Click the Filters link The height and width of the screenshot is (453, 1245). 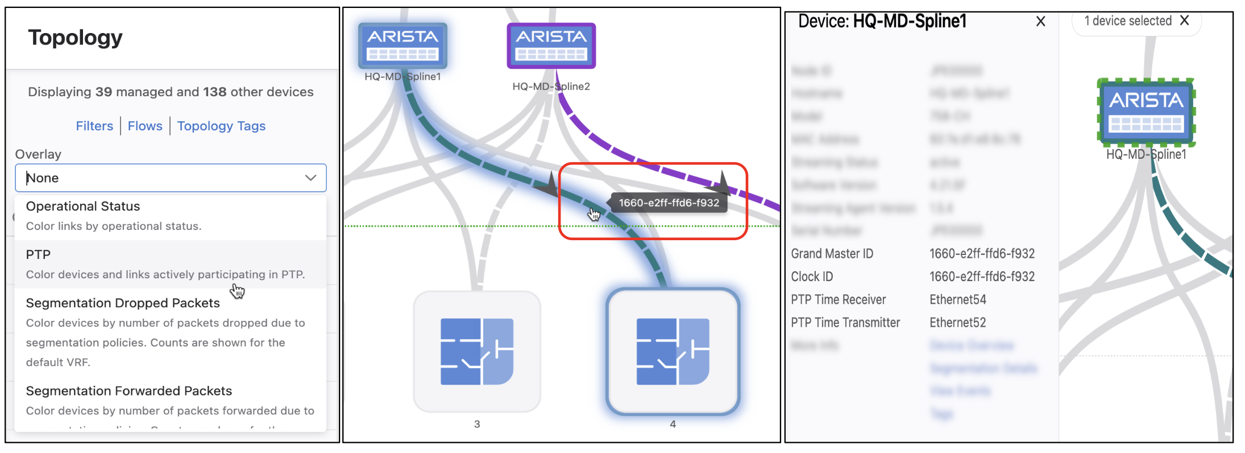click(x=94, y=126)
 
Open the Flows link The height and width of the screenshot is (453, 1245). click(x=145, y=126)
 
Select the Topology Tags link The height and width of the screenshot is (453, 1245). click(x=221, y=126)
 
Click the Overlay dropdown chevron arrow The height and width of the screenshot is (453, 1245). click(x=310, y=178)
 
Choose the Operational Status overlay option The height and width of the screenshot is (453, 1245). click(x=83, y=206)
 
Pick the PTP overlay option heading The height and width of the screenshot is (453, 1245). click(x=38, y=254)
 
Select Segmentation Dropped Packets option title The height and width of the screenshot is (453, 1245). click(x=123, y=303)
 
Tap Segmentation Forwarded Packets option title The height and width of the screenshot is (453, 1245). click(x=129, y=391)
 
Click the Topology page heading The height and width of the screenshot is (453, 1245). click(x=75, y=38)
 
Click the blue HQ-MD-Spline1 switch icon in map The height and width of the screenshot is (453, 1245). click(x=402, y=46)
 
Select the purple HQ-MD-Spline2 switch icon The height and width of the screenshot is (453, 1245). click(x=551, y=46)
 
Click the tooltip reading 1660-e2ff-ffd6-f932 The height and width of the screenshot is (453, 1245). click(x=669, y=203)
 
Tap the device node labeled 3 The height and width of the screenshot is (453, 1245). click(x=477, y=351)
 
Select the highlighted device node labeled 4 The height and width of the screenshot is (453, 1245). click(x=673, y=351)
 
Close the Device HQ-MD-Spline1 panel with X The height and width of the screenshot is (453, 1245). click(x=1040, y=22)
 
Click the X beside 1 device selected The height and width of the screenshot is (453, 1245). click(x=1185, y=20)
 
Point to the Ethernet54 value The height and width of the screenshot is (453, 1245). click(x=958, y=299)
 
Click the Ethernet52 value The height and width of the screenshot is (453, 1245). click(x=958, y=323)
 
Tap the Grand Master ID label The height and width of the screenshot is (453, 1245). click(x=832, y=254)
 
